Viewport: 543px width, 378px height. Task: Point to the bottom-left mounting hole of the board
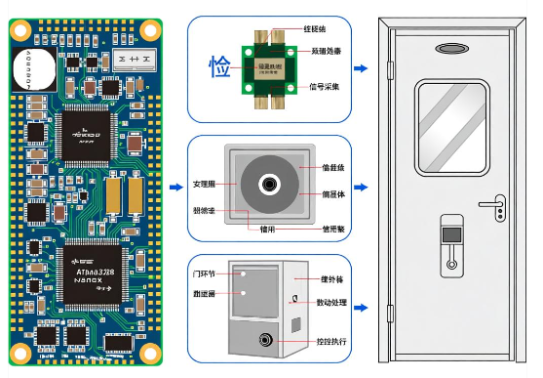(19, 353)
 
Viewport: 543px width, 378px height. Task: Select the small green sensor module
(262, 68)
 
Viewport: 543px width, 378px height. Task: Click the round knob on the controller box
(265, 341)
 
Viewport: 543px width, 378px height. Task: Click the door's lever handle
(494, 204)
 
